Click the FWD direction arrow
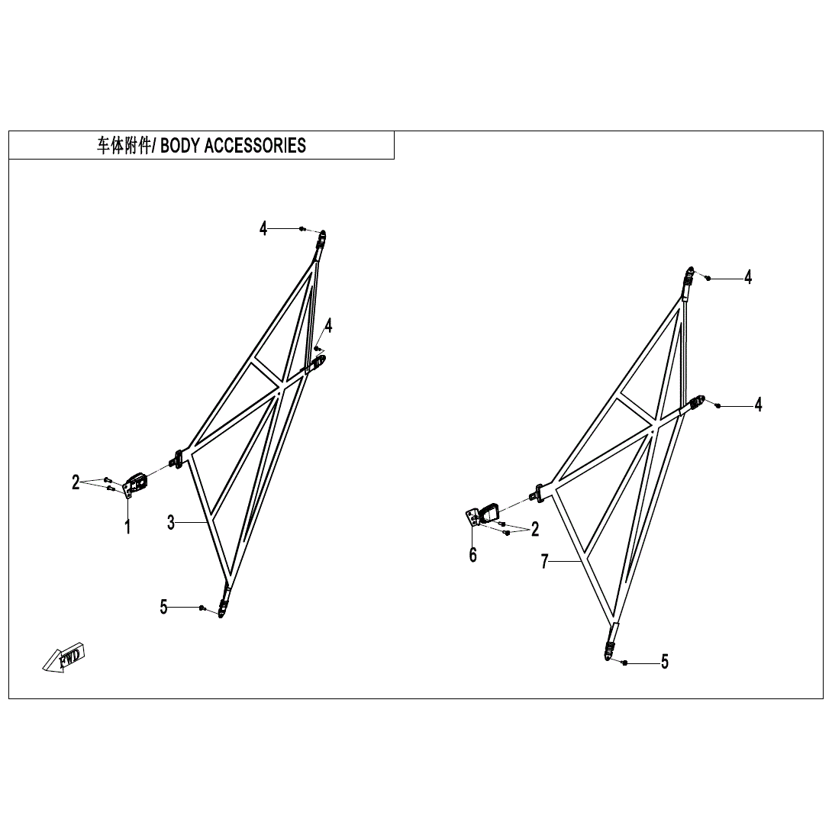66,657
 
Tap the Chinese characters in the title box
123,146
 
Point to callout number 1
127,527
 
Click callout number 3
171,522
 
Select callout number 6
472,555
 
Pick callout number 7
544,562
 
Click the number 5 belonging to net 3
163,607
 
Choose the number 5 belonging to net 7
664,663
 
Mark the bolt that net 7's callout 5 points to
624,663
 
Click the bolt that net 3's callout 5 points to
202,608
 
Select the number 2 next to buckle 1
76,482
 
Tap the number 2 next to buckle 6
535,528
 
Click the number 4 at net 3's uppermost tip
263,227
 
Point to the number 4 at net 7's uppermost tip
747,278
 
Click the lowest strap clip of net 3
223,608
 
